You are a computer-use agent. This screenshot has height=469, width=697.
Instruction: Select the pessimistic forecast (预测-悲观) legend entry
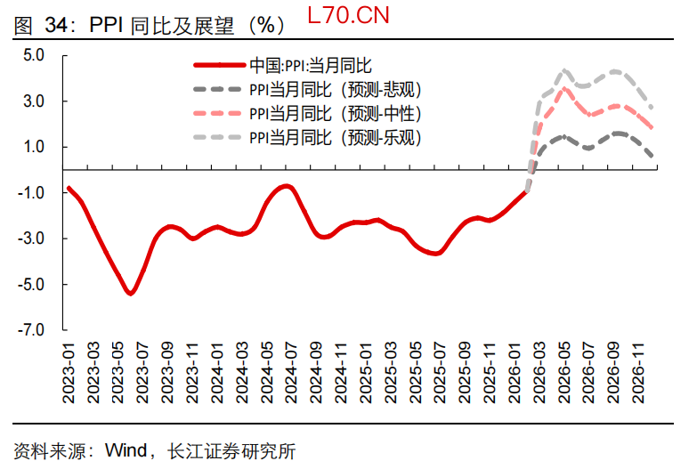pyautogui.click(x=335, y=89)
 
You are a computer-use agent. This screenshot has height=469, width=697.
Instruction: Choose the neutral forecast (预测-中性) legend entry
pyautogui.click(x=335, y=113)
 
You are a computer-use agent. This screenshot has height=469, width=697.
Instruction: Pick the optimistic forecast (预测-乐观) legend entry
pyautogui.click(x=335, y=137)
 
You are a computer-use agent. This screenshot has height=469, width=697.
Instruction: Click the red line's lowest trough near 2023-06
pyautogui.click(x=131, y=293)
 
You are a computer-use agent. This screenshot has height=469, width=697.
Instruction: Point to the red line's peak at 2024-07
pyautogui.click(x=287, y=186)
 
